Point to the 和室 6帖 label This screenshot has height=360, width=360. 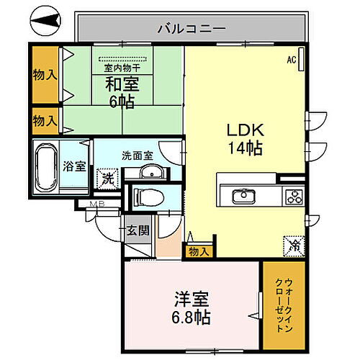(123, 91)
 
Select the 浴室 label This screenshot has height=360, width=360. (75, 166)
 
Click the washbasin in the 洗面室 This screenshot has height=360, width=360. (150, 174)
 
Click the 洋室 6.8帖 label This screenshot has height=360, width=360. (191, 305)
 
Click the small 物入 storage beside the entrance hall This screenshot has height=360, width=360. (198, 251)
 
